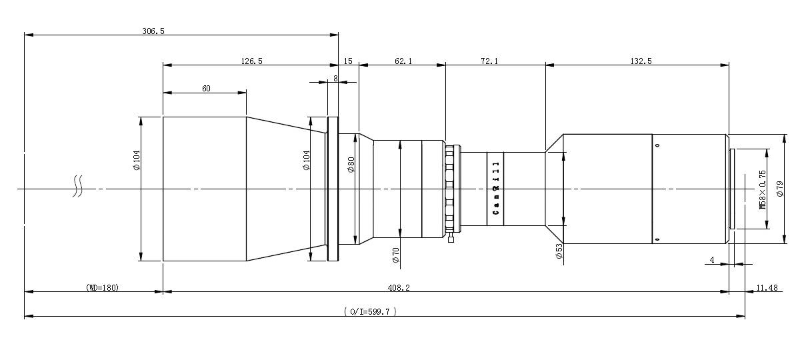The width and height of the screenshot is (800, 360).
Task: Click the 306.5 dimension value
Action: coord(153,31)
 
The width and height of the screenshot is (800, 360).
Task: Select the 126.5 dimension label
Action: coord(251,61)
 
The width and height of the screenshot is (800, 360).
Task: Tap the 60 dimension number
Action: coord(206,88)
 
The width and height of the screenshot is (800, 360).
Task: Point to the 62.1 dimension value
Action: coord(403,61)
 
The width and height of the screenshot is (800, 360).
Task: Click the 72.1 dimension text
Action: coord(489,61)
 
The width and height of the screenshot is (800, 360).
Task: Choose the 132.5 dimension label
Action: coord(641,61)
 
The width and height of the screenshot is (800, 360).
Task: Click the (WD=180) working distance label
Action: coord(102,287)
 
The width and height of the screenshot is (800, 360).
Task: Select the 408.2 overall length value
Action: coord(399,287)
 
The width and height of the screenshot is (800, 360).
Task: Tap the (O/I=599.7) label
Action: coord(371,311)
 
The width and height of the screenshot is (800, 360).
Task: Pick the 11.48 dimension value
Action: coord(767,287)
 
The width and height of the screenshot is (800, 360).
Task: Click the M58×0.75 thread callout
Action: coord(763,189)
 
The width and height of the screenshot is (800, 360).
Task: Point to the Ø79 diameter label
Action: coord(780,189)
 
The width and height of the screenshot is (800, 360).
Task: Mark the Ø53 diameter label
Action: coord(559,251)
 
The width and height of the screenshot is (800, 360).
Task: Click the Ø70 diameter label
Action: coord(395,255)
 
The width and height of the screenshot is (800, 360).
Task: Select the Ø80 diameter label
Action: coord(351,165)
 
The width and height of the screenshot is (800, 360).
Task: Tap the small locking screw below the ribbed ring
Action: coord(451,238)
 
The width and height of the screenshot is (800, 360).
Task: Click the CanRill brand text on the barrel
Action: coord(496,188)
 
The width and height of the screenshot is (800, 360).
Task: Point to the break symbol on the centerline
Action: coord(78,186)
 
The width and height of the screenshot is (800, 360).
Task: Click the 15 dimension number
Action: coord(348,61)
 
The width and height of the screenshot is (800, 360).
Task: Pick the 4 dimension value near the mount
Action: coord(712,260)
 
